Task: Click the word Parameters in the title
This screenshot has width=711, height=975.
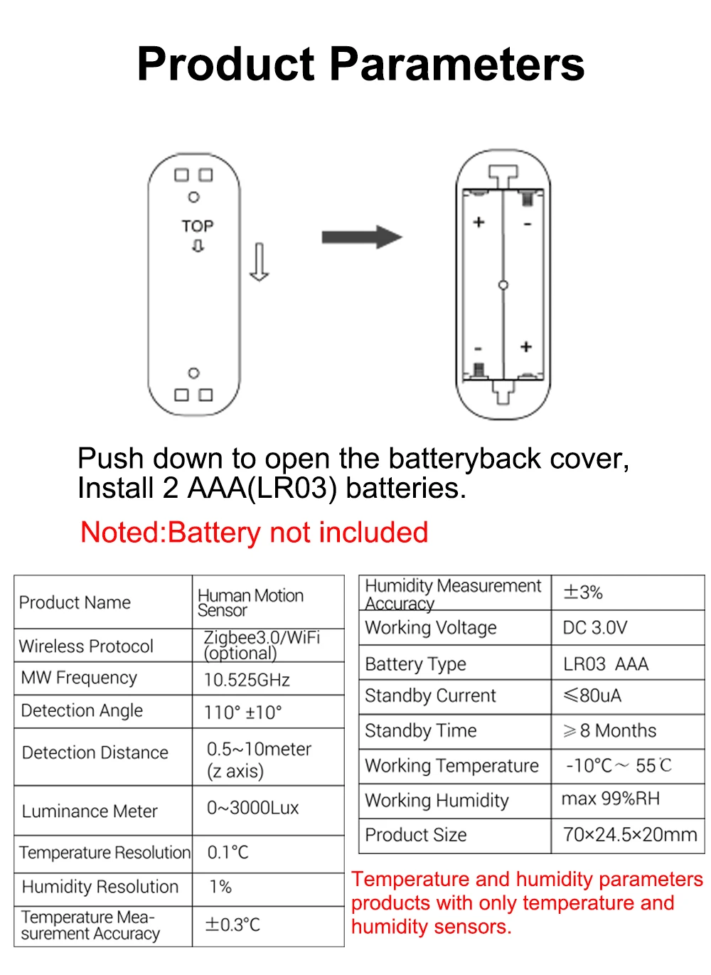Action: tap(457, 65)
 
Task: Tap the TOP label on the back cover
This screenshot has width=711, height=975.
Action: tap(197, 226)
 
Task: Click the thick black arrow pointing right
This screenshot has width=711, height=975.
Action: tap(361, 237)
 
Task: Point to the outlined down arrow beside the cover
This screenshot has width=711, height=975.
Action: tap(259, 262)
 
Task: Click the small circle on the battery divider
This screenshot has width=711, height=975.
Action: tap(503, 285)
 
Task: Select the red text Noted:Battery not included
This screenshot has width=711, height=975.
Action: tap(254, 533)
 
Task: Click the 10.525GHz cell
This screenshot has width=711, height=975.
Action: tap(247, 680)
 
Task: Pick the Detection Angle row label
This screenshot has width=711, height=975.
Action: tap(82, 710)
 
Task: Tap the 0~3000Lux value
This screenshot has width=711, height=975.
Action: tap(252, 808)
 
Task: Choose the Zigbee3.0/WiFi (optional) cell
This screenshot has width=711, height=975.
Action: tap(262, 645)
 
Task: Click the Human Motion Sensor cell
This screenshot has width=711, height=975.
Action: tap(250, 602)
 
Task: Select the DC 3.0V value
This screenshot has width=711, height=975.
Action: tap(595, 628)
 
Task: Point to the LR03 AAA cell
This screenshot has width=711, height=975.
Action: tap(606, 664)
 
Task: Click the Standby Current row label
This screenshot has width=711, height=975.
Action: tap(430, 696)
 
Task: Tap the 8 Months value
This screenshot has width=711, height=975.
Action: tap(616, 730)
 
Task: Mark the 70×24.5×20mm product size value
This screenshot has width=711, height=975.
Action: tap(629, 835)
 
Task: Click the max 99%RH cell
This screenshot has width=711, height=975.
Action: tap(611, 799)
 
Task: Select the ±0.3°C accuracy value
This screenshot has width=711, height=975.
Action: tap(232, 925)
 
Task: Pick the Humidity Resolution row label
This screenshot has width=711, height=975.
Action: tap(100, 887)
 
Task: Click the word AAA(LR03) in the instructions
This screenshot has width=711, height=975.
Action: tap(262, 489)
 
